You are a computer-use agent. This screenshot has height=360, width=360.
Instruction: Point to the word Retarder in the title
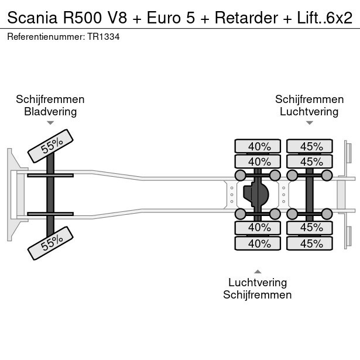click(247, 17)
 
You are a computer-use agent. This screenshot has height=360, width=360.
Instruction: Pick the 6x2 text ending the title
click(340, 17)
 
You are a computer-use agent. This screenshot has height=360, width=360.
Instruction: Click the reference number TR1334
click(104, 36)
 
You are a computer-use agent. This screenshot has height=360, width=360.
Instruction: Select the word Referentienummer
click(46, 36)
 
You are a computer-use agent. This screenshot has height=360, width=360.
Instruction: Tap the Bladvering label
click(50, 112)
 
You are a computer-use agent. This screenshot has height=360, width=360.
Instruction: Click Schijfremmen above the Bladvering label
click(50, 100)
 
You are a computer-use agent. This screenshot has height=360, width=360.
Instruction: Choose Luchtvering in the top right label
click(309, 112)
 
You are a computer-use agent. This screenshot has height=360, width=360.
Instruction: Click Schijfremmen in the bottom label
click(258, 295)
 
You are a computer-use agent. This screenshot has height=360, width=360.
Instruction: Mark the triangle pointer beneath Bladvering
click(50, 123)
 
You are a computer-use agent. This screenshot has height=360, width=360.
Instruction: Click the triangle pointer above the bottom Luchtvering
click(258, 271)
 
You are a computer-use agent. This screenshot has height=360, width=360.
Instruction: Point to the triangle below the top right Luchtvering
click(309, 123)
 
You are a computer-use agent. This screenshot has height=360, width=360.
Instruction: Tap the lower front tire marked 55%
click(51, 242)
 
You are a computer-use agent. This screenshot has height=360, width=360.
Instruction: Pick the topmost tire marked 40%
click(258, 146)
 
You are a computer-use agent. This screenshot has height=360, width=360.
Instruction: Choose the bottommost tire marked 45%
click(310, 243)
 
